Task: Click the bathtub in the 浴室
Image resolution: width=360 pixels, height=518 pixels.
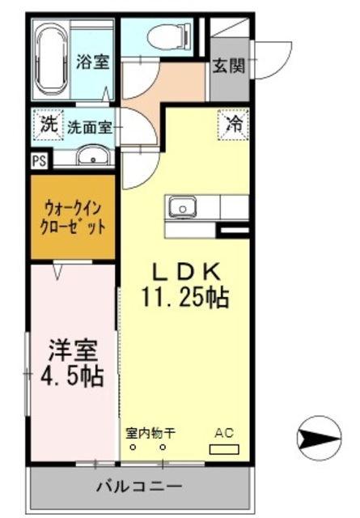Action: [x=52, y=61]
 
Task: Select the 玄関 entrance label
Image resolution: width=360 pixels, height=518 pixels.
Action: [x=228, y=67]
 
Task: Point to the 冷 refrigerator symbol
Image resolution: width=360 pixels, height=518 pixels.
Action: [x=233, y=125]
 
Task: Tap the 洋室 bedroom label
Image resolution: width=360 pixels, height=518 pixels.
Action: [x=73, y=351]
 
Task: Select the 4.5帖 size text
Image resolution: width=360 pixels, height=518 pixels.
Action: [x=73, y=376]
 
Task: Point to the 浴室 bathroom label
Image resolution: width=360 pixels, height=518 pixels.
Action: [x=93, y=62]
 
